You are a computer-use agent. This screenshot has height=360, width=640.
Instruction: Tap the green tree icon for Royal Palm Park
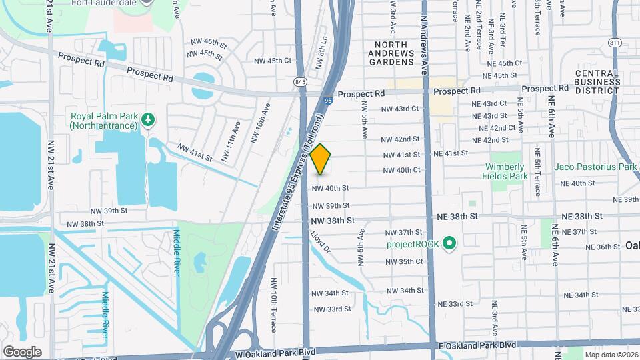148,119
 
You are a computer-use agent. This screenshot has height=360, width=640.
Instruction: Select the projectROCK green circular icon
449,243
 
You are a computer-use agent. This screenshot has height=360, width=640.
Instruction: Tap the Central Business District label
598,82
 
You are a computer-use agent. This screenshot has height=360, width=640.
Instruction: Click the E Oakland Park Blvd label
477,345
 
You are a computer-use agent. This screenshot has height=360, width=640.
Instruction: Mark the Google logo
22,351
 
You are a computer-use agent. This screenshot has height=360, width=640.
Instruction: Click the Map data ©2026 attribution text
611,355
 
